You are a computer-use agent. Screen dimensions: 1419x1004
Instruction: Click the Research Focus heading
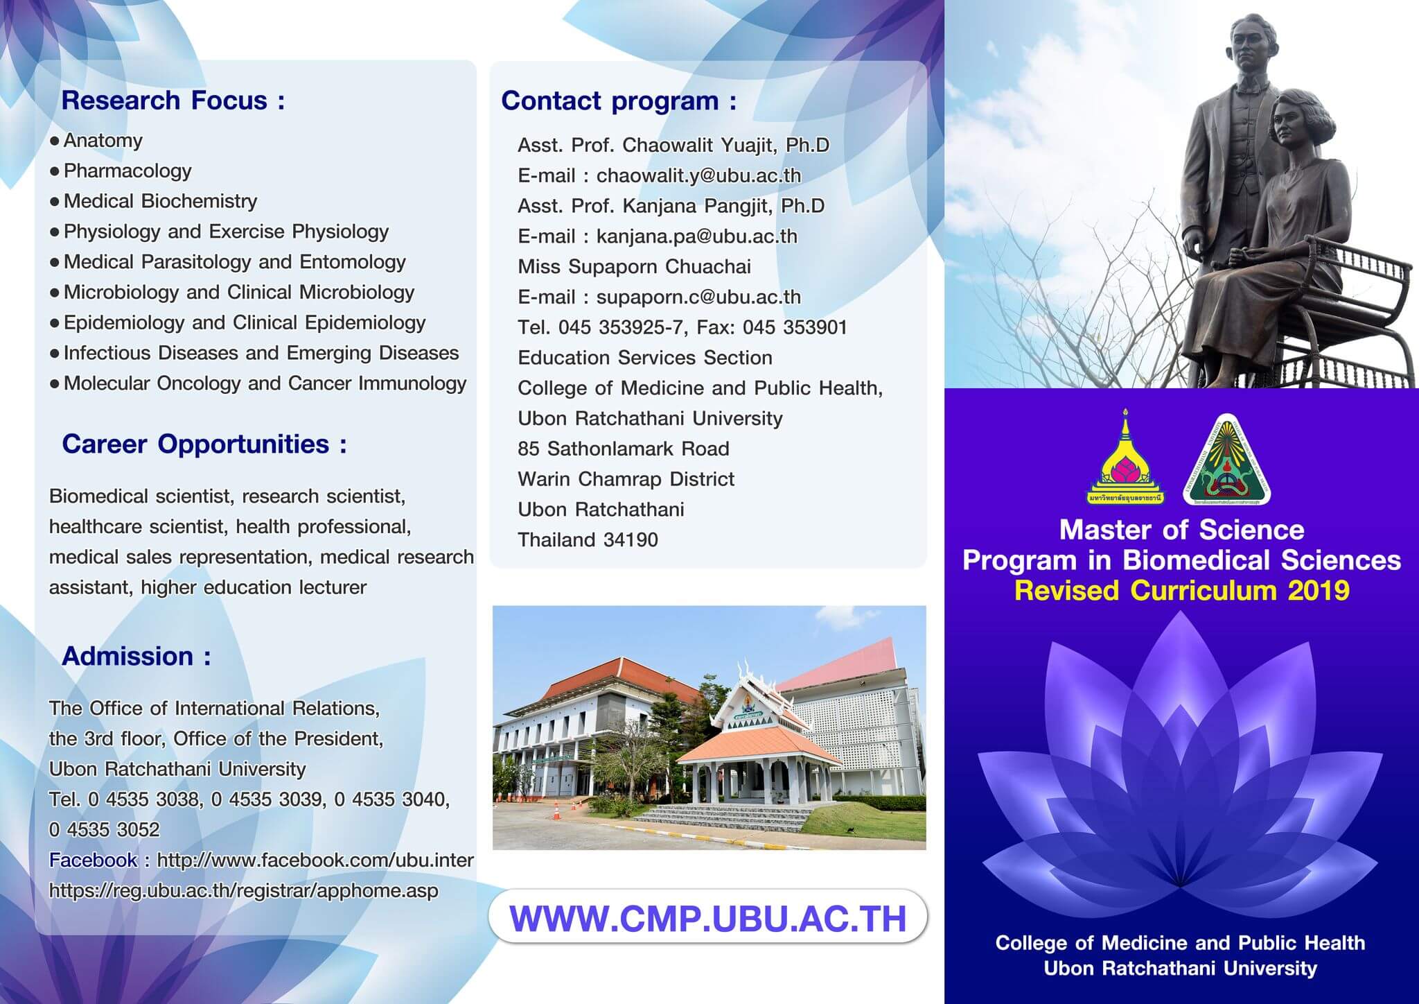[x=173, y=101]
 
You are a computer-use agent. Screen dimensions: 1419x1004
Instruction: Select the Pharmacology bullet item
[x=127, y=171]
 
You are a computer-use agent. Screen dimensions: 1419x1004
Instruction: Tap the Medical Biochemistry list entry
[x=160, y=201]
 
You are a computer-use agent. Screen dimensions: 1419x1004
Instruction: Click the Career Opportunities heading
[x=204, y=444]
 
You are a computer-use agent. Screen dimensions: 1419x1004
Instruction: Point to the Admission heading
[x=136, y=656]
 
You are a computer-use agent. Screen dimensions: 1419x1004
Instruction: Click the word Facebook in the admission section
[x=93, y=860]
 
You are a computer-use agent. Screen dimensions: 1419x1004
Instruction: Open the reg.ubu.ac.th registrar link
[x=243, y=890]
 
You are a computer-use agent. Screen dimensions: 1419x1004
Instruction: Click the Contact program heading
[x=619, y=101]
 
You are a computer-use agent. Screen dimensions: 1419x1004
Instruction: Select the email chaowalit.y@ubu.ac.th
[x=698, y=175]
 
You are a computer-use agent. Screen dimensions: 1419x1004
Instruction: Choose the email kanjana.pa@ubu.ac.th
[x=696, y=236]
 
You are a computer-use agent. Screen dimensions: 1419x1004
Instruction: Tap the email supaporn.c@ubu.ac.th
[x=698, y=297]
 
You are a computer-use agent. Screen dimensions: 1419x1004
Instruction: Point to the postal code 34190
[x=631, y=539]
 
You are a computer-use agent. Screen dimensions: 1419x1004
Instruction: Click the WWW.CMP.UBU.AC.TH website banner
[x=707, y=917]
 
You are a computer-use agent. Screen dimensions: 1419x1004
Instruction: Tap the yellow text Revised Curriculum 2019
[x=1181, y=591]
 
